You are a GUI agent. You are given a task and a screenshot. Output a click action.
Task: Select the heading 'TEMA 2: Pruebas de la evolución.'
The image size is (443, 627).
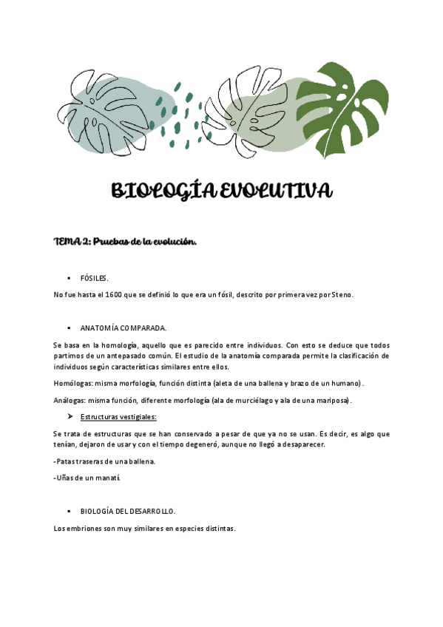(126, 242)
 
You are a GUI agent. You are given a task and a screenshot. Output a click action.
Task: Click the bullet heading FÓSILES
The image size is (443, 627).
(94, 278)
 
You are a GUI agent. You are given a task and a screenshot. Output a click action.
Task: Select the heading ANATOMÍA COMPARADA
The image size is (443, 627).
(124, 327)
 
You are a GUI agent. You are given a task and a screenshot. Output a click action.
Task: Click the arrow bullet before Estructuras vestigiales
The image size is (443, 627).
(70, 417)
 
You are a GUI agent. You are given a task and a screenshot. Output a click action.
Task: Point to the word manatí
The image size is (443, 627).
(107, 478)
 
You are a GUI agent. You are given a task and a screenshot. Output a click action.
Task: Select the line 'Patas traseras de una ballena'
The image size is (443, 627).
(105, 461)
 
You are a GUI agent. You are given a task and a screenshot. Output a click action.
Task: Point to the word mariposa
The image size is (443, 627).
(334, 401)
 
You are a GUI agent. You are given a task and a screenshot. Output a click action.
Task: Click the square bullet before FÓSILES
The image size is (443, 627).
(69, 278)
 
